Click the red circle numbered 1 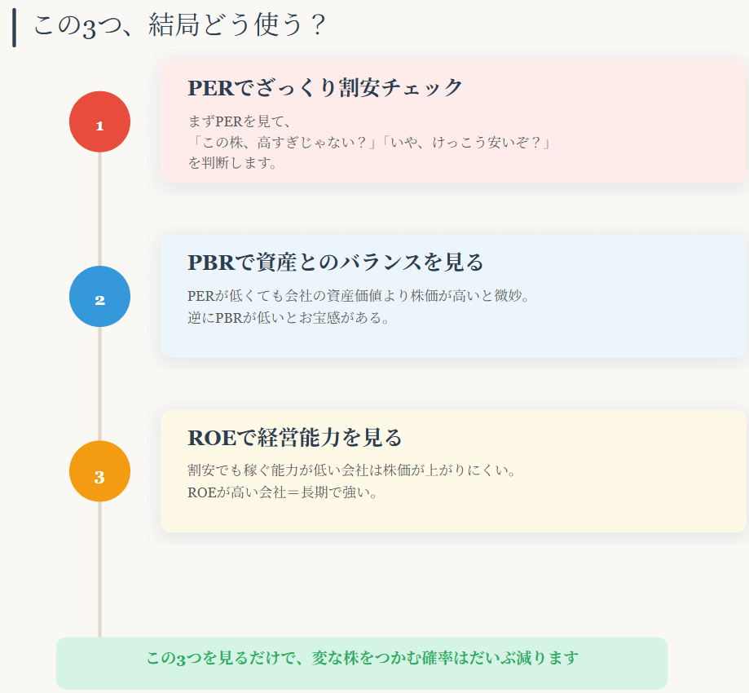pos(99,122)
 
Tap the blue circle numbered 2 pos(99,297)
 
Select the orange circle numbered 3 pos(99,471)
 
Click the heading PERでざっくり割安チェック pos(325,87)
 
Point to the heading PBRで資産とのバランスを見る pos(335,262)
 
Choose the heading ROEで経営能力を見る pos(294,437)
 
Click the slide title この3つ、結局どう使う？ pos(179,26)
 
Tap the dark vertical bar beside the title pos(14,28)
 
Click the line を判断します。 pos(233,163)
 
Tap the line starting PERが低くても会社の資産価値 pos(359,295)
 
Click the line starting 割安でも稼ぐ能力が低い pos(351,470)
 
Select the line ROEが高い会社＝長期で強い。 pos(283,492)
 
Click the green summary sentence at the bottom pos(362,658)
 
